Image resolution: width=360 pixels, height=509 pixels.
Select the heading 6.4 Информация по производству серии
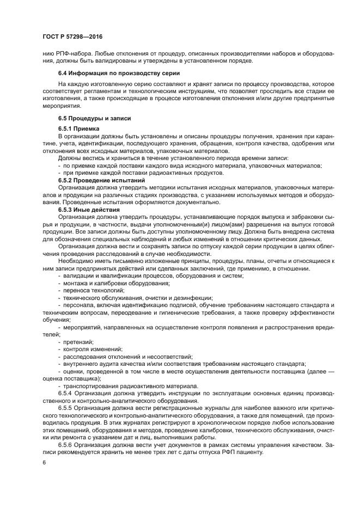pos(119,73)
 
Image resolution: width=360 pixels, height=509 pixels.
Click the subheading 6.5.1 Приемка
pos(79,128)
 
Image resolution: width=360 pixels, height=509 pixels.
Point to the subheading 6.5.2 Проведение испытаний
pos(101,180)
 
